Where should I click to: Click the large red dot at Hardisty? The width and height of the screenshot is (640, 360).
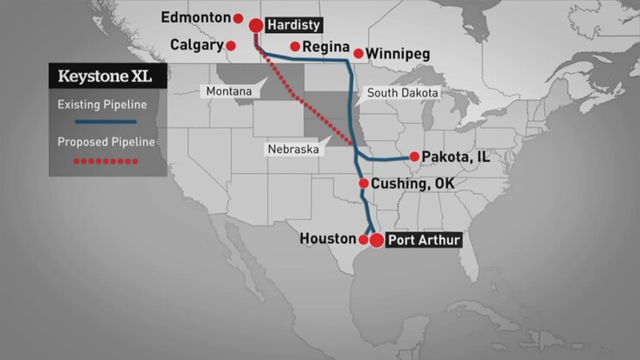click(257, 26)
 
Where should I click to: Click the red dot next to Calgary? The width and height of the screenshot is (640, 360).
click(231, 45)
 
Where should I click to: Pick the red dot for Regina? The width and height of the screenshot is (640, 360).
click(296, 47)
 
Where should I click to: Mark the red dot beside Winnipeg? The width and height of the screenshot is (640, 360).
click(358, 54)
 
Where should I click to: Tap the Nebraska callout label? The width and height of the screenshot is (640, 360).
click(293, 149)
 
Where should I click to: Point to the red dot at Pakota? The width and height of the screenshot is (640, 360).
click(415, 157)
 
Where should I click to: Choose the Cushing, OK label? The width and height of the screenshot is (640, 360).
click(412, 183)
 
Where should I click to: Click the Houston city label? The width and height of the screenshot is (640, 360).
click(328, 238)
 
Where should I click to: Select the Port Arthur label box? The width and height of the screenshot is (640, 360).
click(424, 240)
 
